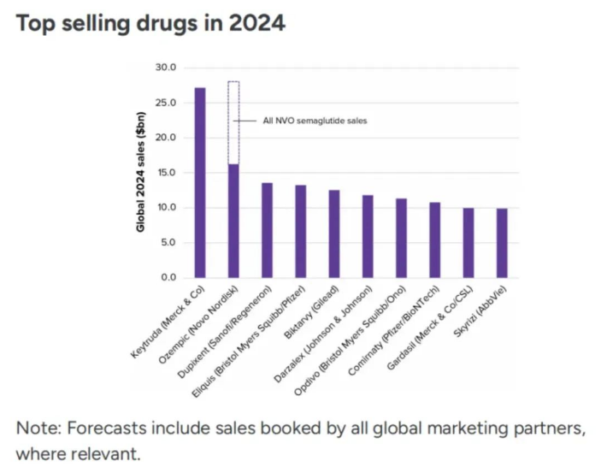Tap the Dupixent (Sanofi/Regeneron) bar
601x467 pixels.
(267, 230)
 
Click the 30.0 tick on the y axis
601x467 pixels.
(166, 68)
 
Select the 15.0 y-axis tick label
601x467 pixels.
(166, 173)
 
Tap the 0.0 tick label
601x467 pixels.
(168, 278)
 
